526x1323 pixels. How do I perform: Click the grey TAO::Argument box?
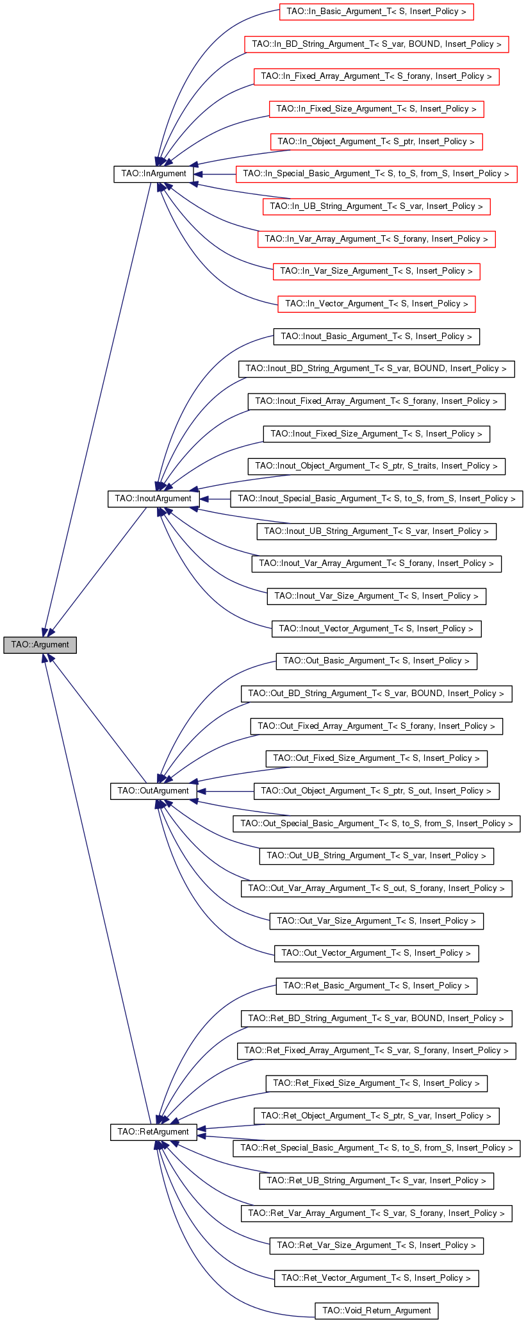click(40, 644)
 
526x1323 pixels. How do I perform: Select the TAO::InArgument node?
click(154, 174)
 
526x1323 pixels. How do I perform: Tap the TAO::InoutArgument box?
click(153, 499)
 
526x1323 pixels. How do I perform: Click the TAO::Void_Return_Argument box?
click(377, 1311)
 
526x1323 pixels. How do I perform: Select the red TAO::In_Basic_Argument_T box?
click(377, 12)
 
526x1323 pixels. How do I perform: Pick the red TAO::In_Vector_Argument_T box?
click(377, 304)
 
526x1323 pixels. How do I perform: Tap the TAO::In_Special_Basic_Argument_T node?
click(377, 174)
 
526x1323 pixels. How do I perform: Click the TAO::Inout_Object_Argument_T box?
click(377, 466)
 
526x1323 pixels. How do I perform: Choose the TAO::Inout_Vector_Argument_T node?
click(377, 629)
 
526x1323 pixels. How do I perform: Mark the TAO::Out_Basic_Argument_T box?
click(377, 661)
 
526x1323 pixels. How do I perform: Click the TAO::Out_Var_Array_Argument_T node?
click(377, 888)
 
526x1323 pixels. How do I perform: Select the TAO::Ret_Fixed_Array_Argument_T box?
click(377, 1051)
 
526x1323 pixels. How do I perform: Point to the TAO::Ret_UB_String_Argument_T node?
click(377, 1181)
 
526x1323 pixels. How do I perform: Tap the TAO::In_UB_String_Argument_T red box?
click(377, 206)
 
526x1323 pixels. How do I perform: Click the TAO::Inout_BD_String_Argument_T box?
click(377, 369)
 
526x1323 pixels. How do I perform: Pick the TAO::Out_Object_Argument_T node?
click(377, 791)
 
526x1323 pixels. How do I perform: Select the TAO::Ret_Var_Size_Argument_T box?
click(377, 1245)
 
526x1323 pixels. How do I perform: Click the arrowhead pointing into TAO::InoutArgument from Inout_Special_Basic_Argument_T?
click(204, 499)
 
